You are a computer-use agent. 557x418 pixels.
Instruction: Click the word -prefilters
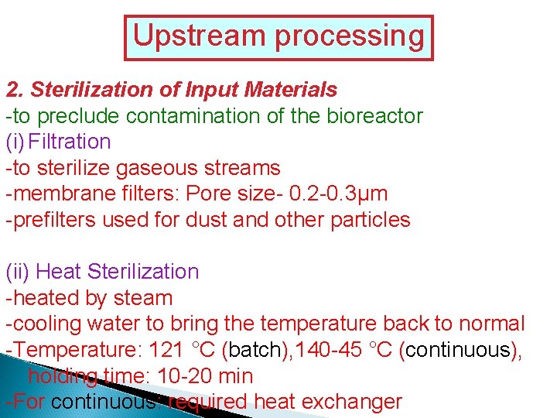50,220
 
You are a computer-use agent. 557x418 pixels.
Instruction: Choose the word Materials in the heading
290,90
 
